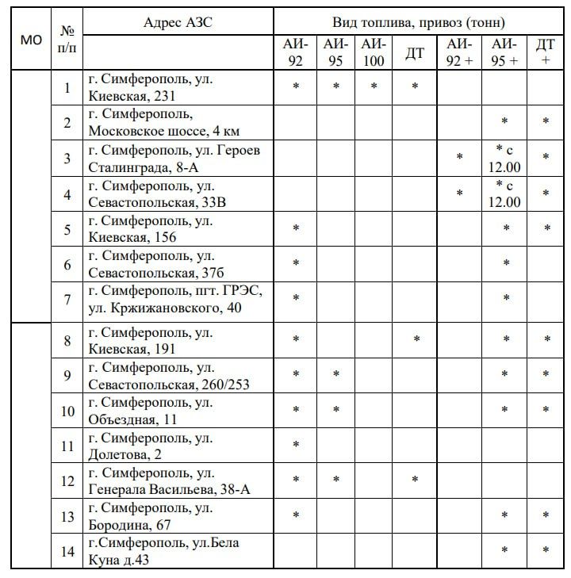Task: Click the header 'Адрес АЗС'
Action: (x=178, y=22)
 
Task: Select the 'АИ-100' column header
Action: (x=374, y=52)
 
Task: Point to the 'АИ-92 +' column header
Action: (x=459, y=52)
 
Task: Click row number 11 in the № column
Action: (x=67, y=446)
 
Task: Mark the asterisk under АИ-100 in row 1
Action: (x=374, y=86)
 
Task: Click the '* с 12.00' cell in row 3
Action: (x=505, y=158)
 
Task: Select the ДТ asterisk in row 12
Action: (x=415, y=480)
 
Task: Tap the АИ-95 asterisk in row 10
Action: (x=335, y=410)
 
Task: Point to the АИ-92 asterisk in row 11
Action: (x=296, y=445)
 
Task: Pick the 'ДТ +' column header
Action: (x=546, y=52)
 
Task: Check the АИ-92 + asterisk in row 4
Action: (x=460, y=193)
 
